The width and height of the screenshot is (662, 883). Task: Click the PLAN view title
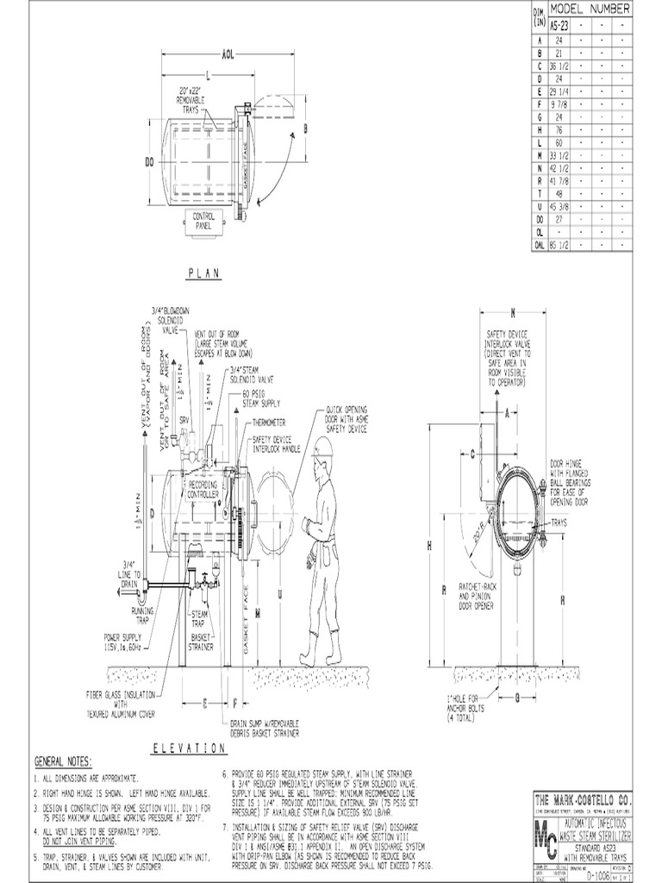[x=203, y=273]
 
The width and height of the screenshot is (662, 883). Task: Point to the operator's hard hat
[x=322, y=447]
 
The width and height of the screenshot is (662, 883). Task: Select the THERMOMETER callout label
[x=271, y=423]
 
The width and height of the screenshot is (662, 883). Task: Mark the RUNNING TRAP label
[x=142, y=614]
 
